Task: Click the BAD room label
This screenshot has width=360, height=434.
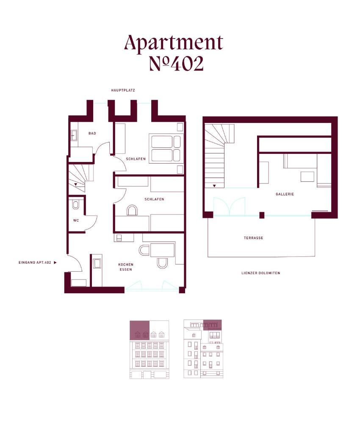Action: coord(92,134)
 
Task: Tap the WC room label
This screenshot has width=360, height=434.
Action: coord(76,220)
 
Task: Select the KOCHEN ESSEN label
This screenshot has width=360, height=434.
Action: coord(126,267)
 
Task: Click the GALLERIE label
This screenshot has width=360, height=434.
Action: coord(285,194)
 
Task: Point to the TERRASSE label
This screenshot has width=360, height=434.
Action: coord(253,238)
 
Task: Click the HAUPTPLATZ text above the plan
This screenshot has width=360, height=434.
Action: coord(123,90)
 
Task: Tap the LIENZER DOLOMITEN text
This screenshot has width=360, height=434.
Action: coord(261,273)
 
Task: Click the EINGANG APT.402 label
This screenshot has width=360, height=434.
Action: coord(35,262)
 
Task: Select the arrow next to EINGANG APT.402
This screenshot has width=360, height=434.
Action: coord(55,262)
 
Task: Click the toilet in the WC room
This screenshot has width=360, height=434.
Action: coord(75,205)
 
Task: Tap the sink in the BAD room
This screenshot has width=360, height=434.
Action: coord(74,136)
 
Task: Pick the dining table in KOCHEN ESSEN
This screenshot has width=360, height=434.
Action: coord(162,250)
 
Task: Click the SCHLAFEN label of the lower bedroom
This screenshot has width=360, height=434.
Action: coord(154,199)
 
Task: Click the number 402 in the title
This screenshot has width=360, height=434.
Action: coord(187,64)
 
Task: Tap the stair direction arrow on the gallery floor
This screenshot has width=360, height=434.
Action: coord(214,186)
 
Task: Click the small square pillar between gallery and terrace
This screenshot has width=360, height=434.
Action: coord(262,215)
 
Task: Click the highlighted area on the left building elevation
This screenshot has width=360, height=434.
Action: coord(140,330)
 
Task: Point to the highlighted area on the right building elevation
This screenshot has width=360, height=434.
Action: coord(212,325)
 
